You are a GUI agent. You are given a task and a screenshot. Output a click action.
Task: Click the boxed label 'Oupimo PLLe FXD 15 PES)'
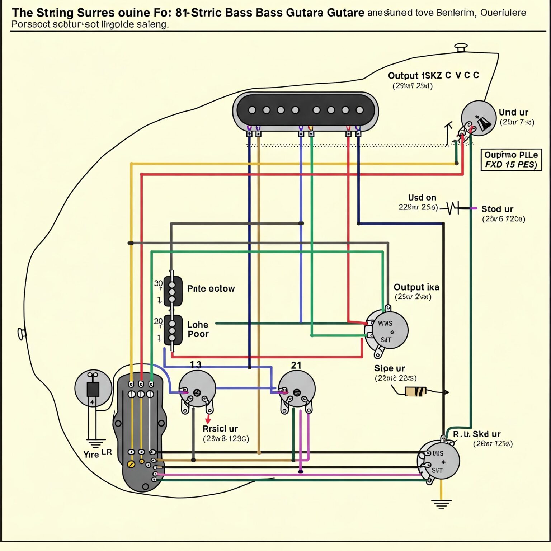511,160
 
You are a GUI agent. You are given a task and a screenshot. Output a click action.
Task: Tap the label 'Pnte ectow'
211,289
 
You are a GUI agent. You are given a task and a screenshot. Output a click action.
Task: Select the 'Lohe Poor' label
198,329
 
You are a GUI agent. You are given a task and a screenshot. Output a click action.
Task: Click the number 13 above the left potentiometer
196,365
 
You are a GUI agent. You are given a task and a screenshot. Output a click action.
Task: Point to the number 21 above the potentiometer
296,365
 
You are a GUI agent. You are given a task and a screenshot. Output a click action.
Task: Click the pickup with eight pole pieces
305,110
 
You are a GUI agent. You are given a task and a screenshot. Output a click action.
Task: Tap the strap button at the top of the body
461,47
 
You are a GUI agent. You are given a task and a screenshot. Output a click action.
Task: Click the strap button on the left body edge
22,334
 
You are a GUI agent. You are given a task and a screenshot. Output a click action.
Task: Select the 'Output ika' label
416,287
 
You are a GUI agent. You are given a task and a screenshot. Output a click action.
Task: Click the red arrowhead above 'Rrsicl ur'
208,420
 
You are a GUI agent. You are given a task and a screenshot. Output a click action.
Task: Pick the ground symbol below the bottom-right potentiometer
441,504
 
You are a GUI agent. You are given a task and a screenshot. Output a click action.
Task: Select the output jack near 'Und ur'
478,119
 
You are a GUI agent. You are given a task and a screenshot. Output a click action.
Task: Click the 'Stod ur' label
497,209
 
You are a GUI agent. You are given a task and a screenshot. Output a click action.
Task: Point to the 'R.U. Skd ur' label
477,434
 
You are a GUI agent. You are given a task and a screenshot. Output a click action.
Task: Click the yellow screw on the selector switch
131,464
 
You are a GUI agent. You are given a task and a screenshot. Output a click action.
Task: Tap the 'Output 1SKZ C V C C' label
433,76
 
